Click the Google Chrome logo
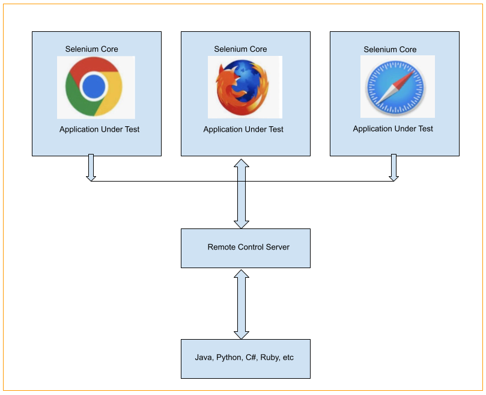94,87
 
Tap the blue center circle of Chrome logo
94,88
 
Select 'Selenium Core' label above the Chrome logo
91,49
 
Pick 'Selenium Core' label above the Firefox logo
240,49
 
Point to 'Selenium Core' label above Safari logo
390,49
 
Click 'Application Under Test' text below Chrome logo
99,129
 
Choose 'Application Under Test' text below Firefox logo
243,129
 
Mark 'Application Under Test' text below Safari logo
393,129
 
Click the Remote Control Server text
248,247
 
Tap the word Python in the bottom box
229,357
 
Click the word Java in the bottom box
203,357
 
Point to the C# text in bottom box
251,357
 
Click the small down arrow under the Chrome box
91,168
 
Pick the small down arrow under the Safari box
394,168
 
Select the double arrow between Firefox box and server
241,193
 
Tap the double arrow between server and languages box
241,304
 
